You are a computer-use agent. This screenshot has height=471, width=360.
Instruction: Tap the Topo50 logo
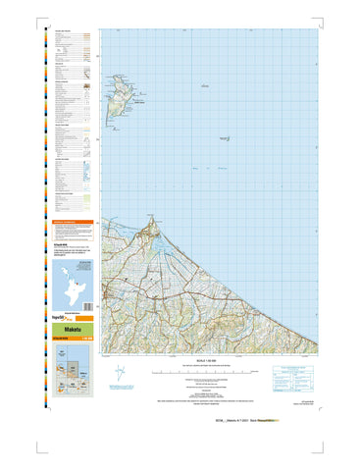pos(61,320)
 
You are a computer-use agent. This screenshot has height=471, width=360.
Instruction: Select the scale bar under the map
pos(202,374)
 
